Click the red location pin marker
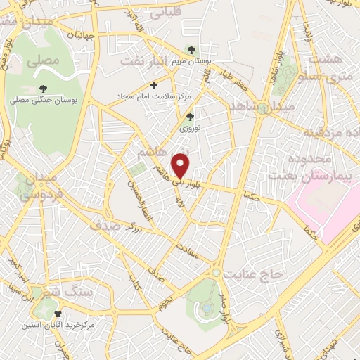(181, 165)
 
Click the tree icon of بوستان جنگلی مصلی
(44, 88)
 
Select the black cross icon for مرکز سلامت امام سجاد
(154, 85)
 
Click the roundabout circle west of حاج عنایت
(216, 272)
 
